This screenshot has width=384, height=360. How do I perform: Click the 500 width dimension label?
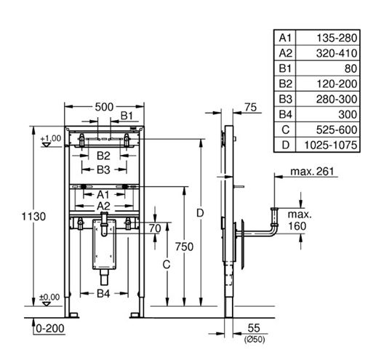click(x=104, y=107)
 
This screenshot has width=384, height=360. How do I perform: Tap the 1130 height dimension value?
click(x=33, y=217)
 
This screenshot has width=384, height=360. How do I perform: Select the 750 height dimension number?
click(x=184, y=247)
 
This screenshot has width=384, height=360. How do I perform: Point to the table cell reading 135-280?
click(x=337, y=38)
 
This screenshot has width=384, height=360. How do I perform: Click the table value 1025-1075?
click(x=331, y=145)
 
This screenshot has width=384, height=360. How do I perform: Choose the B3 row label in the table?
click(x=285, y=99)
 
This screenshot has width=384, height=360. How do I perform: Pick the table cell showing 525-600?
click(x=337, y=129)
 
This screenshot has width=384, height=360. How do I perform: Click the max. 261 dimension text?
click(x=312, y=172)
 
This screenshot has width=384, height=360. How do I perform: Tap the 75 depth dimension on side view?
click(x=250, y=107)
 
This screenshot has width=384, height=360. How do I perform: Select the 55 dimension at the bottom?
click(x=254, y=328)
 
